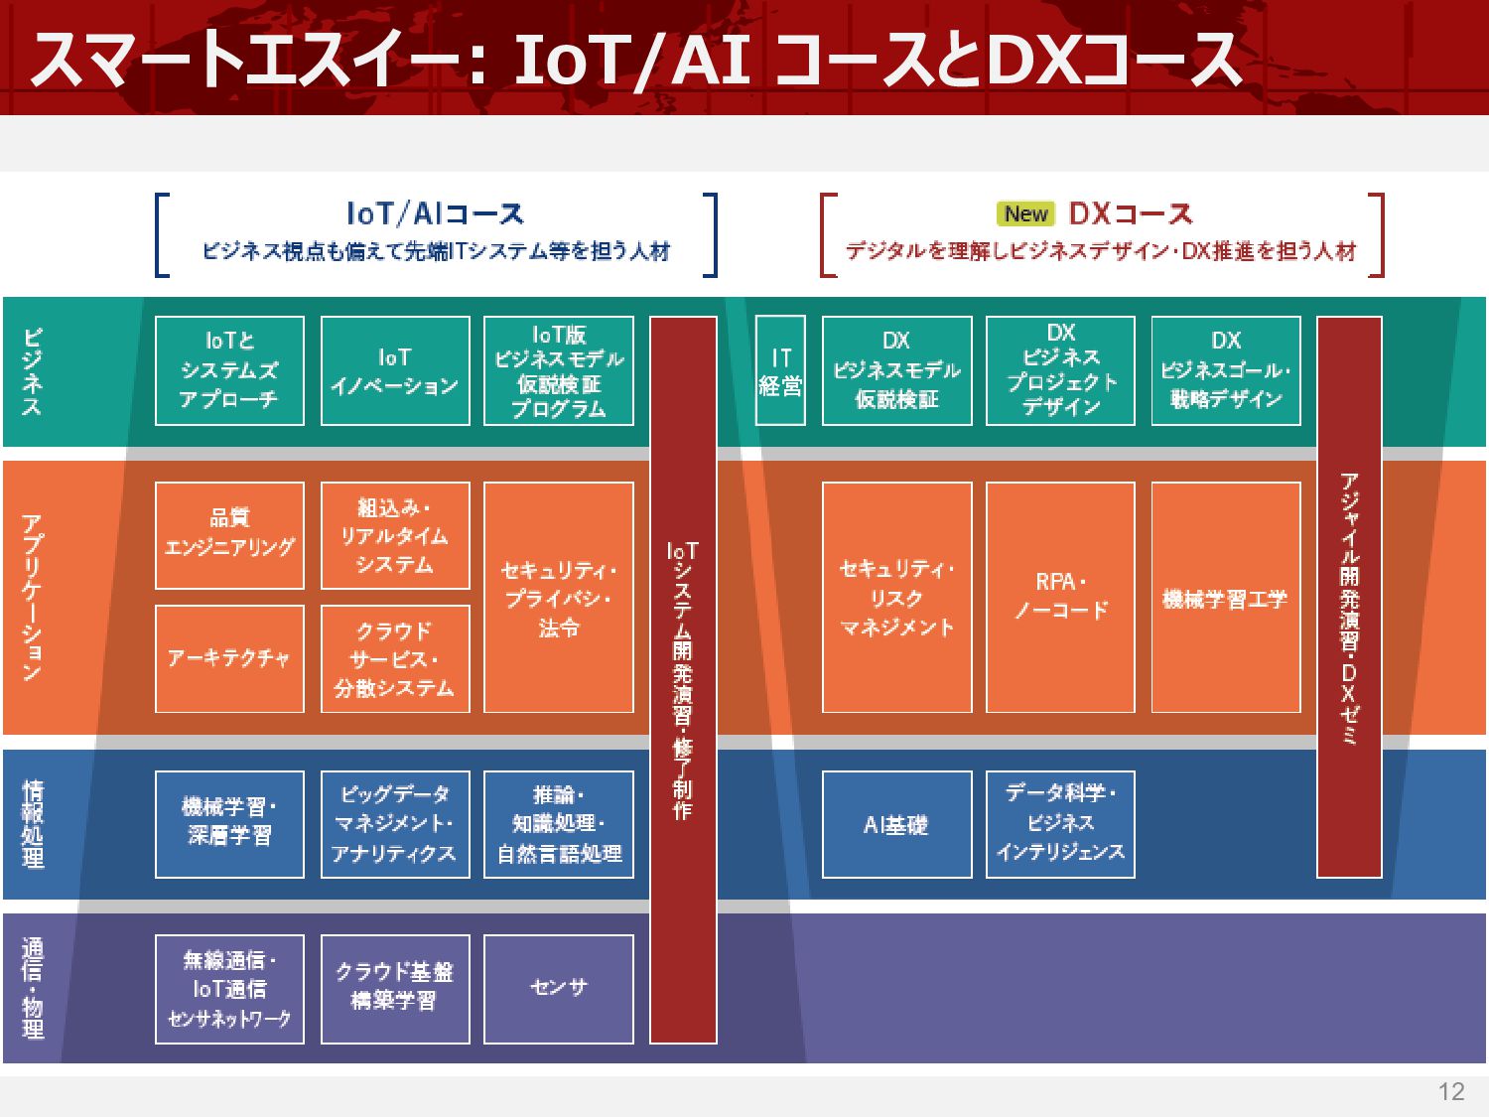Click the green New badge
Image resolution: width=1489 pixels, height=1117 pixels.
1025,213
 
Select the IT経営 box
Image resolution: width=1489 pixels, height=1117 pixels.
780,370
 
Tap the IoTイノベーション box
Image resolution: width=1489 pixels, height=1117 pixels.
395,370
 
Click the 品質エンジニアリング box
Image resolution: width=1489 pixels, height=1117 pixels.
229,535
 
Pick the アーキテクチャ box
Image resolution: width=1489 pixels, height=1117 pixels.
229,658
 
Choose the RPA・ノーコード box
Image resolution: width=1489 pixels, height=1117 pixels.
1060,597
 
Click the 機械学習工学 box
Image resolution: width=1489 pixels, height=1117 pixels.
1226,597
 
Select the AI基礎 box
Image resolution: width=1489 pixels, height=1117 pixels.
896,824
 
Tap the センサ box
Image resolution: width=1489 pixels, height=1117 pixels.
559,988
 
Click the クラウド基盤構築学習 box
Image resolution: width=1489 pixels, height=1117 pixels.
395,988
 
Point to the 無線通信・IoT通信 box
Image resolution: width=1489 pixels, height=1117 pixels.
229,988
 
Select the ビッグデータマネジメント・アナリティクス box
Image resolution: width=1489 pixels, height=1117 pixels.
395,824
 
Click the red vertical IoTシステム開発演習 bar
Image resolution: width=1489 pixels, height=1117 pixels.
683,679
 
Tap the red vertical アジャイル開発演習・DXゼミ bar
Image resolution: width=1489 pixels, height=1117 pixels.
1349,597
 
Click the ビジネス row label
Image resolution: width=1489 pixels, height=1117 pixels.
33,371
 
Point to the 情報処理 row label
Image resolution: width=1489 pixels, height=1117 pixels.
33,824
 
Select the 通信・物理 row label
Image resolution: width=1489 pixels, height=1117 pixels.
33,988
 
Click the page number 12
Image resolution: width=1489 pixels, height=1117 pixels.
1450,1092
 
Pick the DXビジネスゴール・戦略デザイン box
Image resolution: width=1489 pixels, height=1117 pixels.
1226,370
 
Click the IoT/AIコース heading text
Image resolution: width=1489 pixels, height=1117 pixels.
435,213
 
